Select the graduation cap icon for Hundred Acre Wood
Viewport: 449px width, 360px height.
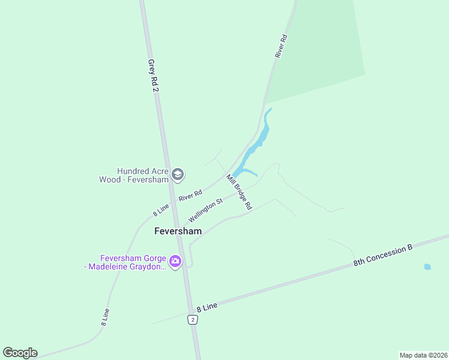tap(177, 175)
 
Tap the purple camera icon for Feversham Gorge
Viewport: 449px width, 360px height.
tap(175, 261)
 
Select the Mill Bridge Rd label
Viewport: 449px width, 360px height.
tap(238, 192)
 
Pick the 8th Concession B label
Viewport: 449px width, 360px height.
tap(384, 255)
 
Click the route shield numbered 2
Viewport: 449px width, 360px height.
tap(192, 319)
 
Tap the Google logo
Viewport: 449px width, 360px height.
tap(20, 353)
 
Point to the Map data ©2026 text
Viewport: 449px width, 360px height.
tap(423, 355)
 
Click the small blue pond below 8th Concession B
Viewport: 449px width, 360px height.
tap(427, 266)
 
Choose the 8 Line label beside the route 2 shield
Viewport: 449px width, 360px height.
tap(206, 306)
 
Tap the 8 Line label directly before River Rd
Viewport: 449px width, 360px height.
tap(161, 209)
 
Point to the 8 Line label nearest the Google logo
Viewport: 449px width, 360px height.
tap(105, 317)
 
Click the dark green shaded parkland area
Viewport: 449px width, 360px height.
tap(318, 48)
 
